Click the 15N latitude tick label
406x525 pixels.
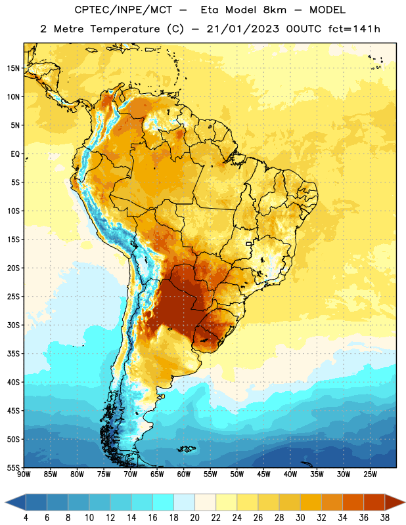pyautogui.click(x=13, y=68)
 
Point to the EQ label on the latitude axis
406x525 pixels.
pyautogui.click(x=15, y=154)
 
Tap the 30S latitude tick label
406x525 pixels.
pyautogui.click(x=13, y=325)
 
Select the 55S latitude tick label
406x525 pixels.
pyautogui.click(x=13, y=467)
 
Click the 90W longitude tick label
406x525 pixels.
pyautogui.click(x=24, y=474)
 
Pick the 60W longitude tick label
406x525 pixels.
pyautogui.click(x=184, y=474)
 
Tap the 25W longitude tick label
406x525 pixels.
pyautogui.click(x=370, y=474)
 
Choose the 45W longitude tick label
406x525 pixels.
pyautogui.click(x=264, y=474)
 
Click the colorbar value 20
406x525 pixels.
pyautogui.click(x=194, y=518)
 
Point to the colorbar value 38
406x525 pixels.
pyautogui.click(x=385, y=518)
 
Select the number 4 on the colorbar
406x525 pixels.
pyautogui.click(x=26, y=518)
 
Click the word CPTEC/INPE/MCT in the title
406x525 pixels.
pyautogui.click(x=124, y=10)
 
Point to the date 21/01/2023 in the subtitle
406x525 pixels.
pyautogui.click(x=242, y=29)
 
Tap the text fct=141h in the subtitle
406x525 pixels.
pyautogui.click(x=354, y=29)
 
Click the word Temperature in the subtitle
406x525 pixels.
pyautogui.click(x=125, y=30)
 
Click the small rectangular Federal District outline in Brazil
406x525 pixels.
pyautogui.click(x=249, y=243)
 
